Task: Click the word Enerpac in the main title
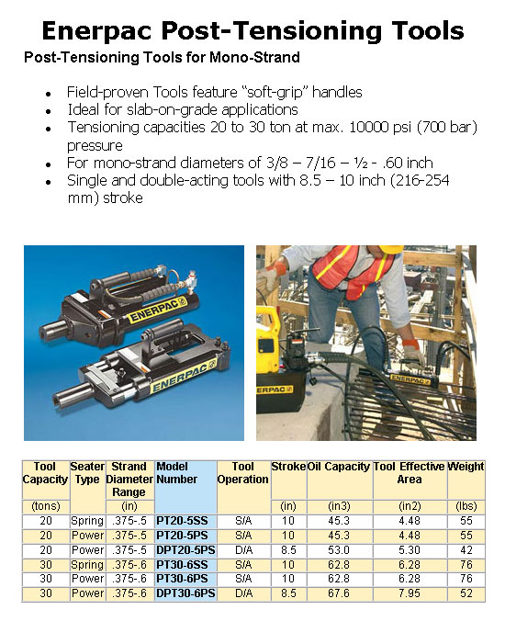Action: coord(98,31)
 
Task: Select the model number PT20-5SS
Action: coord(183,520)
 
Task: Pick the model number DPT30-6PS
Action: coord(186,593)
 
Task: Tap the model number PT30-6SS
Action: coord(183,564)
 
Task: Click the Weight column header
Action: coord(466,467)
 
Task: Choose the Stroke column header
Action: coord(288,467)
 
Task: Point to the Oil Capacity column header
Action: coord(339,467)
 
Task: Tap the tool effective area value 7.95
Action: coord(409,593)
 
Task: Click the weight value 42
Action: coord(466,549)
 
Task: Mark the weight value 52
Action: coord(466,593)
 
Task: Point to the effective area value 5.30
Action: coord(409,549)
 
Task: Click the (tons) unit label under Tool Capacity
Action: coord(45,505)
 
